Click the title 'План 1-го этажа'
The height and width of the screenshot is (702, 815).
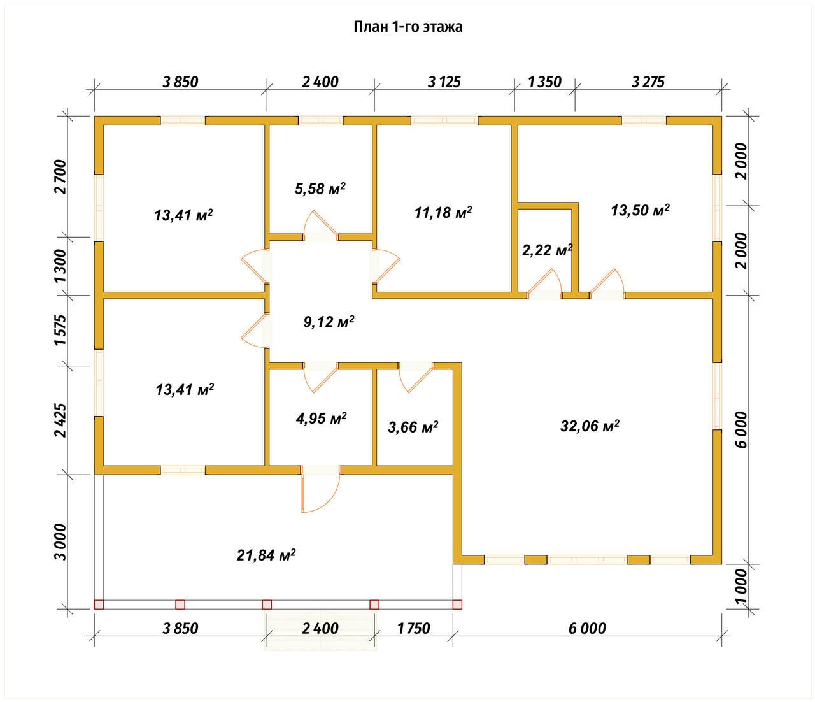(x=407, y=27)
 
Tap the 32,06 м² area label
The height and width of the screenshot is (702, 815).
(x=590, y=426)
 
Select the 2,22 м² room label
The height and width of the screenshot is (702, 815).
(x=547, y=250)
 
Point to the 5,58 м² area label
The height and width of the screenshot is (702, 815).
(x=320, y=189)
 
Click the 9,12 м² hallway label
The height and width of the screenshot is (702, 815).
(x=329, y=322)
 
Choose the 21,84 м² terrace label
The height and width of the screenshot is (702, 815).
(x=266, y=555)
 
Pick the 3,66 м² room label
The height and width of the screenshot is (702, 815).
(x=413, y=427)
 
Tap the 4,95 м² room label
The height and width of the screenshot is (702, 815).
(x=321, y=418)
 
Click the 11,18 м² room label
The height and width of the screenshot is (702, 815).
(x=443, y=213)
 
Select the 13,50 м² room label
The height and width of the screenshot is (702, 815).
(x=640, y=210)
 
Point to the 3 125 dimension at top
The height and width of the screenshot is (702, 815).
(x=444, y=82)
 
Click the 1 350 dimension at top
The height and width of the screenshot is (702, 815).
(x=544, y=82)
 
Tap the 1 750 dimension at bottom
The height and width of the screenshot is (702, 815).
(x=414, y=629)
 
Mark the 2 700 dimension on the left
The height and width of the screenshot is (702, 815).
(x=61, y=176)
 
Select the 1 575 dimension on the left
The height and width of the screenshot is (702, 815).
(x=61, y=330)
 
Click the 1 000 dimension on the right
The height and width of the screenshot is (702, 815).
(x=741, y=587)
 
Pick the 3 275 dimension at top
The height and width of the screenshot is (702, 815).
(x=648, y=82)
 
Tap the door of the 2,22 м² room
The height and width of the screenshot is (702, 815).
(x=544, y=282)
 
